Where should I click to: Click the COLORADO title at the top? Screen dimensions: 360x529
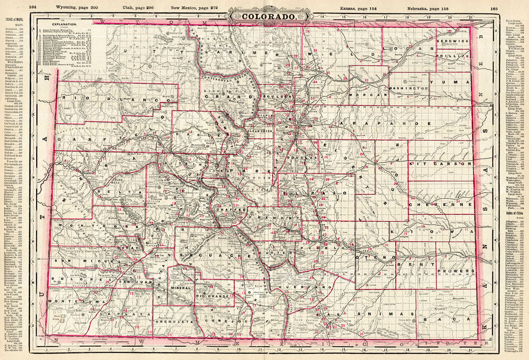pyautogui.click(x=264, y=16)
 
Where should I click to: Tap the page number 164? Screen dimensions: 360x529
pyautogui.click(x=33, y=7)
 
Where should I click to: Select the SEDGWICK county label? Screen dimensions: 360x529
pyautogui.click(x=452, y=40)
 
